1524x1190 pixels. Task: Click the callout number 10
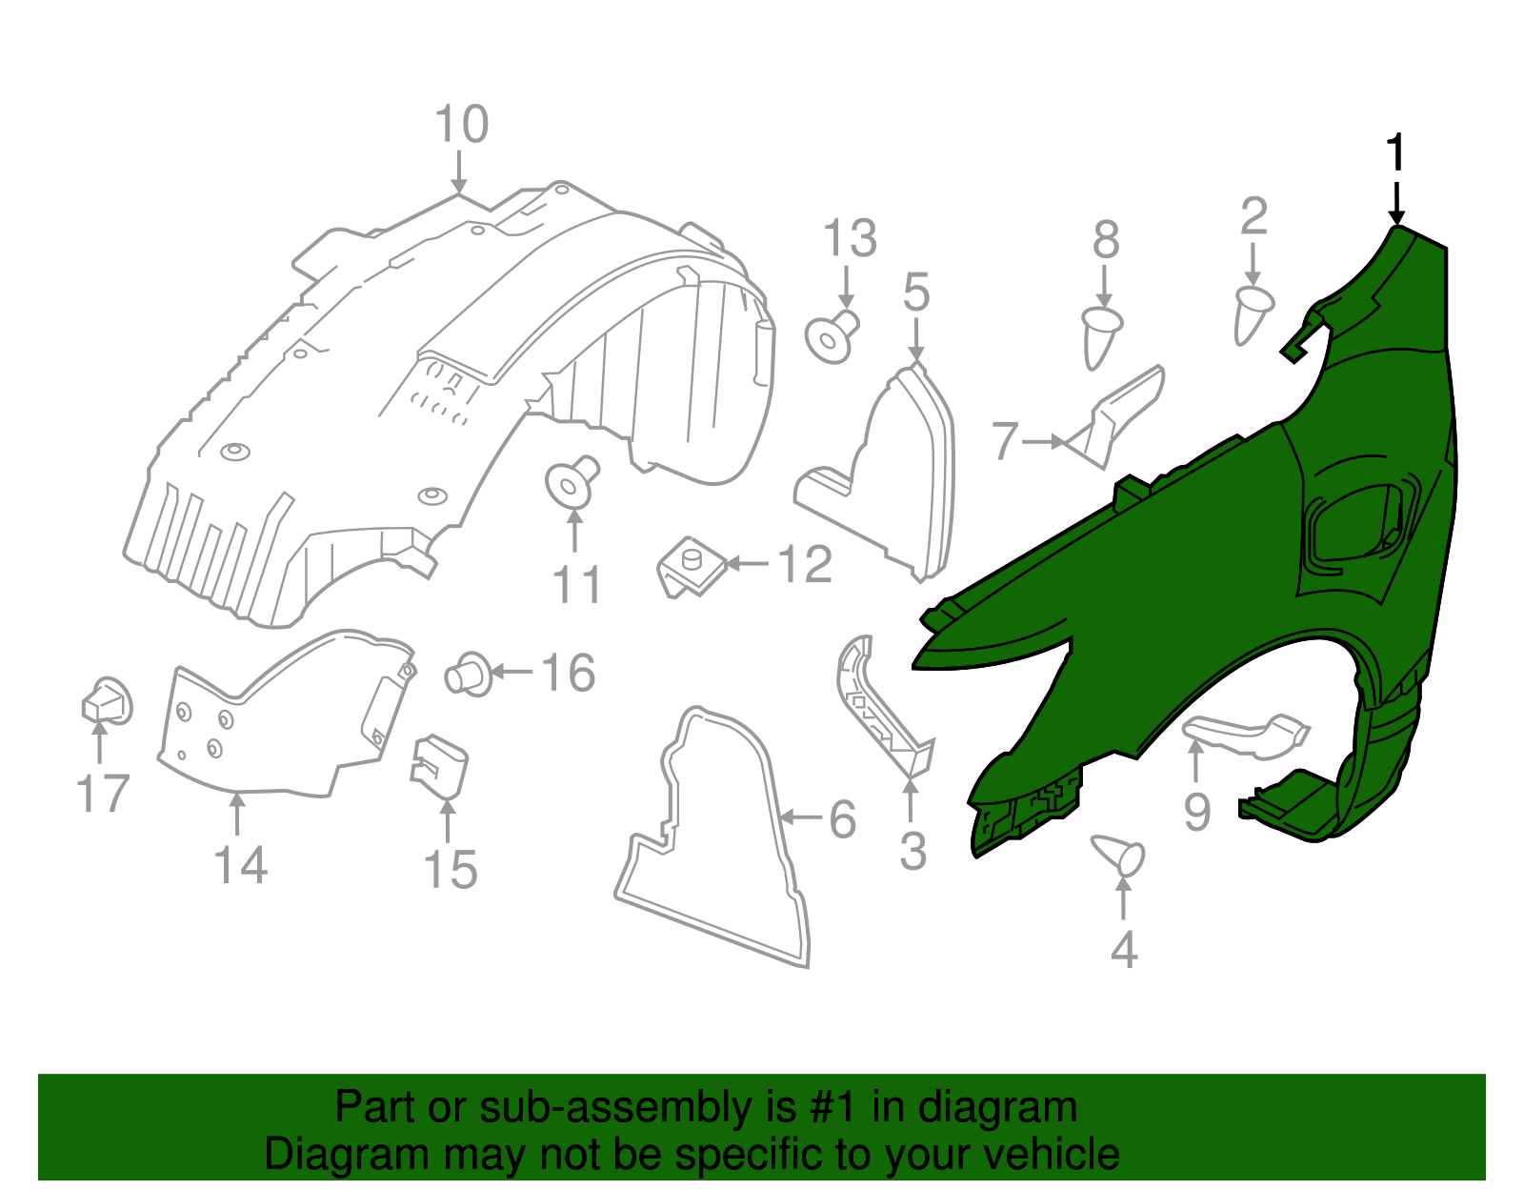click(x=462, y=126)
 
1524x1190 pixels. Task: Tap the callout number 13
click(x=850, y=239)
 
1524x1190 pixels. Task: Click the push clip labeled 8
click(x=1101, y=334)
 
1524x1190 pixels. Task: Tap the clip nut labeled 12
click(x=690, y=566)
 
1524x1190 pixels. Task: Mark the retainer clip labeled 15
click(x=439, y=765)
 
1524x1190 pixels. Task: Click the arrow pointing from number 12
click(x=748, y=564)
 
